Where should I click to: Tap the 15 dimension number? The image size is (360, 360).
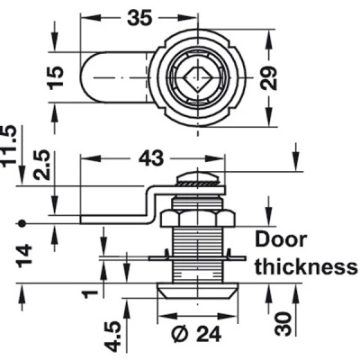coord(56,76)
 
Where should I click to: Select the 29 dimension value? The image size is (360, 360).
coord(268,77)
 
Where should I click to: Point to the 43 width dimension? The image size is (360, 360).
coord(151,157)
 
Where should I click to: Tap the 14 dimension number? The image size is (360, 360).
coord(24,256)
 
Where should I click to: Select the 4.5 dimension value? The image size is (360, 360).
coord(115,337)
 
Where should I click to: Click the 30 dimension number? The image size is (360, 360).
coord(283,324)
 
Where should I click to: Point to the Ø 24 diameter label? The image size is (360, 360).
coord(196,333)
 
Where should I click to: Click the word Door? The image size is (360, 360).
coord(281,239)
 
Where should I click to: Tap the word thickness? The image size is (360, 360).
coord(306,266)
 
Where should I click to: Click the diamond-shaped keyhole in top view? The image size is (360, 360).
coord(197,78)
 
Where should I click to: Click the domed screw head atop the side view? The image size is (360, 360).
coord(198,178)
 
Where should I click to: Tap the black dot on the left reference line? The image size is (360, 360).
coord(21,223)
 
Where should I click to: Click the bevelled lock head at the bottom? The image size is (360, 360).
coord(198,291)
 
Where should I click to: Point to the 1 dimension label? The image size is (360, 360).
coord(90,293)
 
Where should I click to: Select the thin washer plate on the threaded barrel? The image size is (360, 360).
coord(198,257)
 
